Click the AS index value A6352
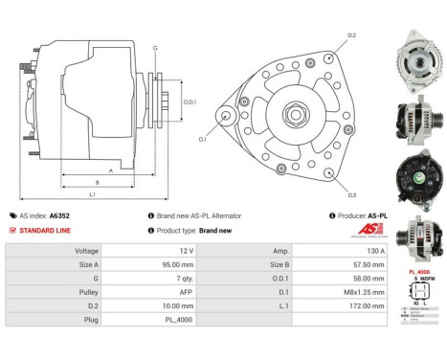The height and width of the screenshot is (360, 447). click(x=59, y=216)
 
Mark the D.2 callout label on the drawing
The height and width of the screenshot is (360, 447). click(x=352, y=35)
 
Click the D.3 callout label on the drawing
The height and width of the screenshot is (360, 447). click(x=352, y=195)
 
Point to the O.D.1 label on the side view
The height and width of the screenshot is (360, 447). click(x=190, y=101)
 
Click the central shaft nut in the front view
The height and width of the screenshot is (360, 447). click(x=286, y=116)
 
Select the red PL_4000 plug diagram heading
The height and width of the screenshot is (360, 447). click(x=419, y=273)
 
